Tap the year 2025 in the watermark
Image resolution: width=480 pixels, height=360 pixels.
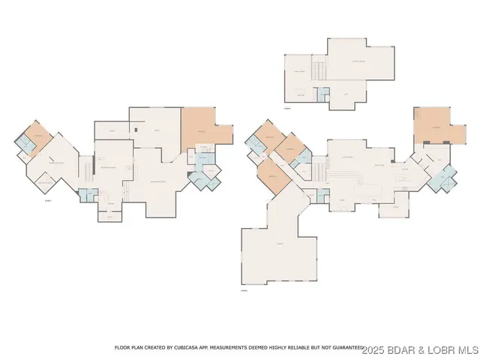point(374,349)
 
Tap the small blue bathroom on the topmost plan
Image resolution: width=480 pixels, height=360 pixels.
point(325,94)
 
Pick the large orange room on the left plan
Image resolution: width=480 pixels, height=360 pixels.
point(200,128)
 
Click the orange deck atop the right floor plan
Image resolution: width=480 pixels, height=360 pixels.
point(433,124)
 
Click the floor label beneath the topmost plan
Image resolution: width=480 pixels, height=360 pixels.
point(287,108)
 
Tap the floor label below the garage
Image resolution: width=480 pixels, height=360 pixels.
point(244,289)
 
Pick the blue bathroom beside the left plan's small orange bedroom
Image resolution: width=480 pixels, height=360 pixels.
point(26,147)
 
